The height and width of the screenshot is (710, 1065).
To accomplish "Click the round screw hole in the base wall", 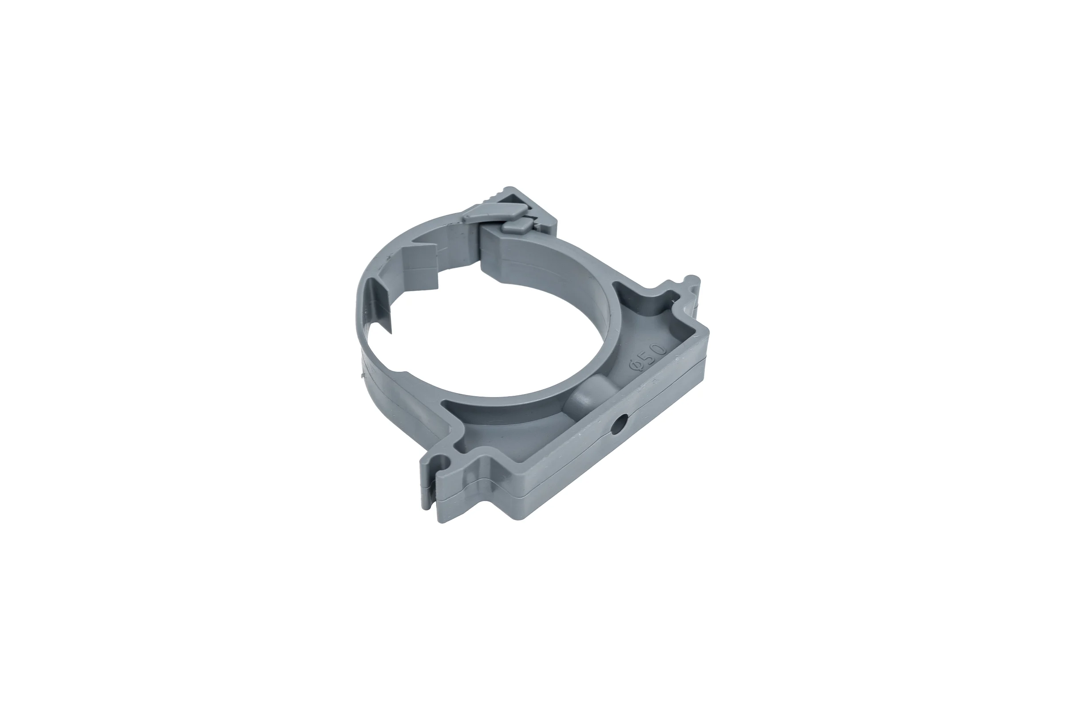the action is [617, 425].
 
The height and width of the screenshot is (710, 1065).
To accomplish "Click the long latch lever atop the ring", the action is [494, 212].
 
